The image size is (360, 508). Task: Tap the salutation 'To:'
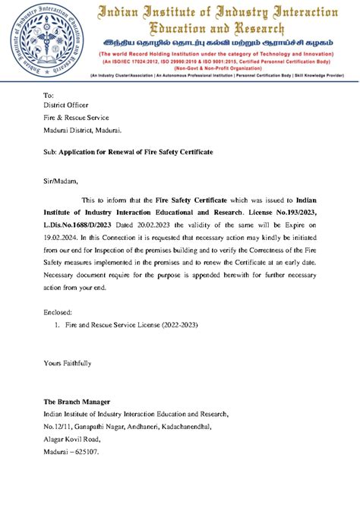pyautogui.click(x=49, y=95)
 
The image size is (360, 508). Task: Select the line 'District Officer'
pyautogui.click(x=66, y=106)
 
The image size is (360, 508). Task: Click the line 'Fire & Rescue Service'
pyautogui.click(x=76, y=118)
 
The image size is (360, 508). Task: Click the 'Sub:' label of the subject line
pyautogui.click(x=50, y=153)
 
